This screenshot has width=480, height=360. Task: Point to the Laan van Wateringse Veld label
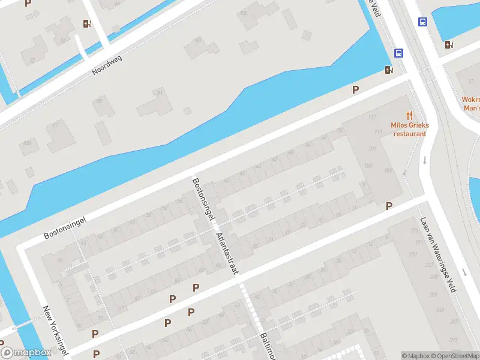coord(443,254)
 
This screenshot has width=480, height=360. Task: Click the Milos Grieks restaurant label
coord(410,129)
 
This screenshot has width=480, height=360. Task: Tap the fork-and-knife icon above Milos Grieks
coord(410,115)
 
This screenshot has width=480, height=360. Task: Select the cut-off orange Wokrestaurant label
coord(470,104)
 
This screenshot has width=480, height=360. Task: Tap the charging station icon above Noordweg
coord(88,24)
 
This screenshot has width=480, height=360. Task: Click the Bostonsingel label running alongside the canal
coord(65,227)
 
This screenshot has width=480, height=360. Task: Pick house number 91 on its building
coord(160,94)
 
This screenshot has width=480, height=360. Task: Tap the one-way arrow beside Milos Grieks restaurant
coord(425,160)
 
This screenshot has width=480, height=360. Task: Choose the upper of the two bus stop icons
coord(422,22)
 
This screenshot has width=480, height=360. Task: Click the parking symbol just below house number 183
coord(389,206)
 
